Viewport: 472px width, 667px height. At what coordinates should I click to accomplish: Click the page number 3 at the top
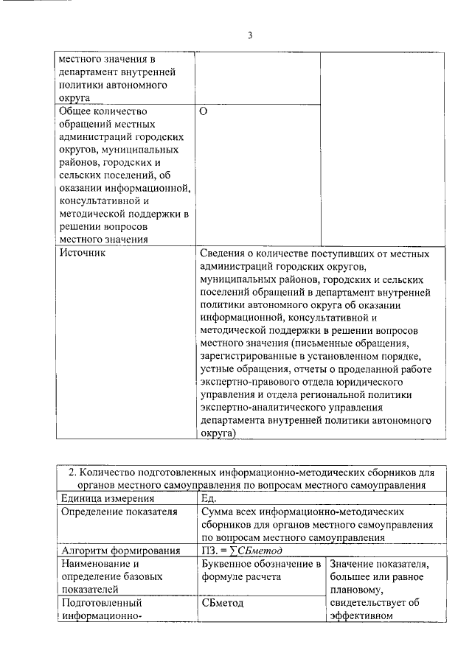coord(250,35)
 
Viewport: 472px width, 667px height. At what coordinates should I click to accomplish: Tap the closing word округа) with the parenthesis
coord(218,434)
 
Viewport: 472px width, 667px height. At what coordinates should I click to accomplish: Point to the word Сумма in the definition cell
coord(215,511)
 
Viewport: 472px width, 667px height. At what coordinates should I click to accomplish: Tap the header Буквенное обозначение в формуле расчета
coord(260,570)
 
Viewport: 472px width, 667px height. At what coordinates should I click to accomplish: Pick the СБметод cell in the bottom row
coord(222,603)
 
